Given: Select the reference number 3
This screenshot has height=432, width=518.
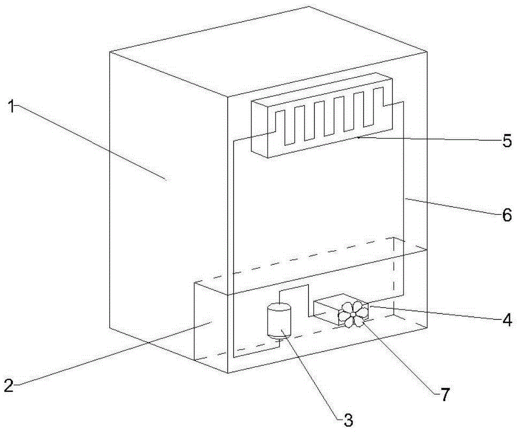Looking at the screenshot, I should coord(348,420).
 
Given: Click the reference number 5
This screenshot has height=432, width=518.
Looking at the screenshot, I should coord(507,142).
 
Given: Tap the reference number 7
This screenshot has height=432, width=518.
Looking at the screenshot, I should coord(445,396).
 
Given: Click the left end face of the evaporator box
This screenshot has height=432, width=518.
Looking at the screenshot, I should coord(260,128).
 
